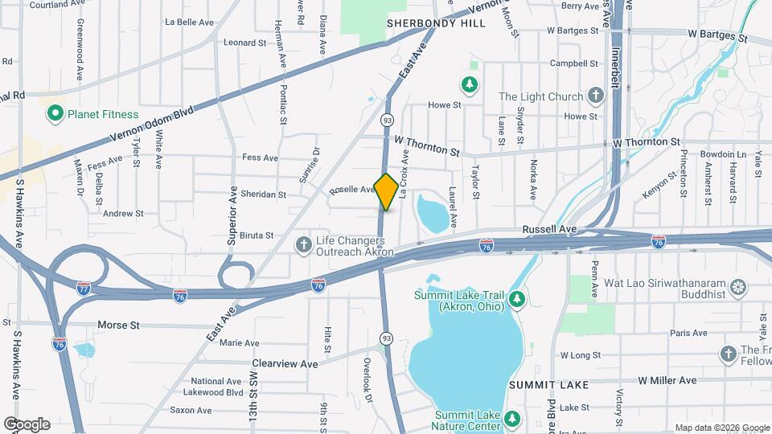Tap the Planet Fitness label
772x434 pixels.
click(103, 114)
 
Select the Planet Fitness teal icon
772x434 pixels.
click(55, 114)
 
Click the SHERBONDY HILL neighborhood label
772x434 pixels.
click(436, 24)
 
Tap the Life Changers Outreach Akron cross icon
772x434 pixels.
click(303, 244)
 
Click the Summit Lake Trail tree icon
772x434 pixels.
click(518, 300)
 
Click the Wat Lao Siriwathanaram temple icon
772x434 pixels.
click(737, 287)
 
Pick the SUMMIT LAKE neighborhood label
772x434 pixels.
click(548, 385)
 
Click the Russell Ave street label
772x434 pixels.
click(549, 229)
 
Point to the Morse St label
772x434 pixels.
click(118, 325)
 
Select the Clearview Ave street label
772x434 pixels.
click(285, 363)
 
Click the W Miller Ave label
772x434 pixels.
click(667, 380)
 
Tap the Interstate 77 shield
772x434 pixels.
click(84, 287)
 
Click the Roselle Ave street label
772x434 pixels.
click(352, 190)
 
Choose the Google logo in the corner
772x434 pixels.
click(27, 424)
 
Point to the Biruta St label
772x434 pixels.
click(256, 235)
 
